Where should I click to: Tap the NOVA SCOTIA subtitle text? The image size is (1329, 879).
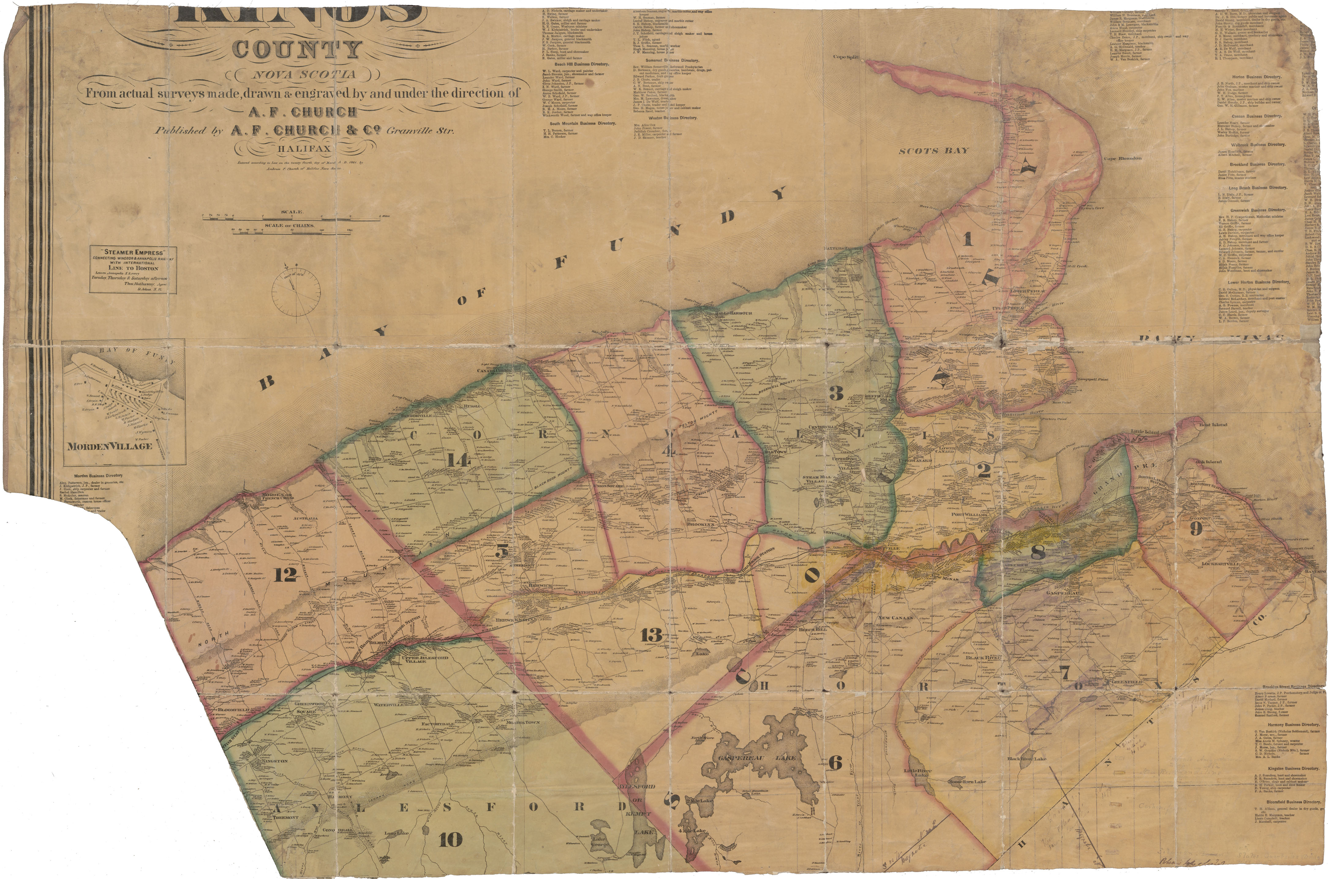point(303,75)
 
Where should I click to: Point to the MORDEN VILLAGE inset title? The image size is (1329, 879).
point(110,446)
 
